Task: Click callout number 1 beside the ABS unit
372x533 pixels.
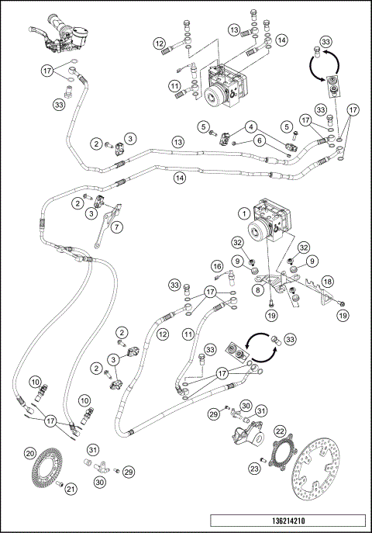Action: (x=244, y=214)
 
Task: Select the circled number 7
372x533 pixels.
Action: (x=117, y=227)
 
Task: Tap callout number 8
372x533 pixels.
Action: (x=258, y=289)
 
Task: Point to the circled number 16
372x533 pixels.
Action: (x=217, y=266)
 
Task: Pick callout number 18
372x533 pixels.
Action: (x=327, y=282)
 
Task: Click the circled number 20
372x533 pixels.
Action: (x=30, y=453)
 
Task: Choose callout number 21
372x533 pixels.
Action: (x=71, y=489)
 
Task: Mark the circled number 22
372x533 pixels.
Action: (x=280, y=431)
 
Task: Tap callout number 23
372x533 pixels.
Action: (x=254, y=469)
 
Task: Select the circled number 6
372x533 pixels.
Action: (x=260, y=140)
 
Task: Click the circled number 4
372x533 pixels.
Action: (x=251, y=127)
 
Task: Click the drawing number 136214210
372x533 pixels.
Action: (x=288, y=521)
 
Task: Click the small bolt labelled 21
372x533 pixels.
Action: (x=60, y=483)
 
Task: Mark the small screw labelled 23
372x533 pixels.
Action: (x=263, y=460)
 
